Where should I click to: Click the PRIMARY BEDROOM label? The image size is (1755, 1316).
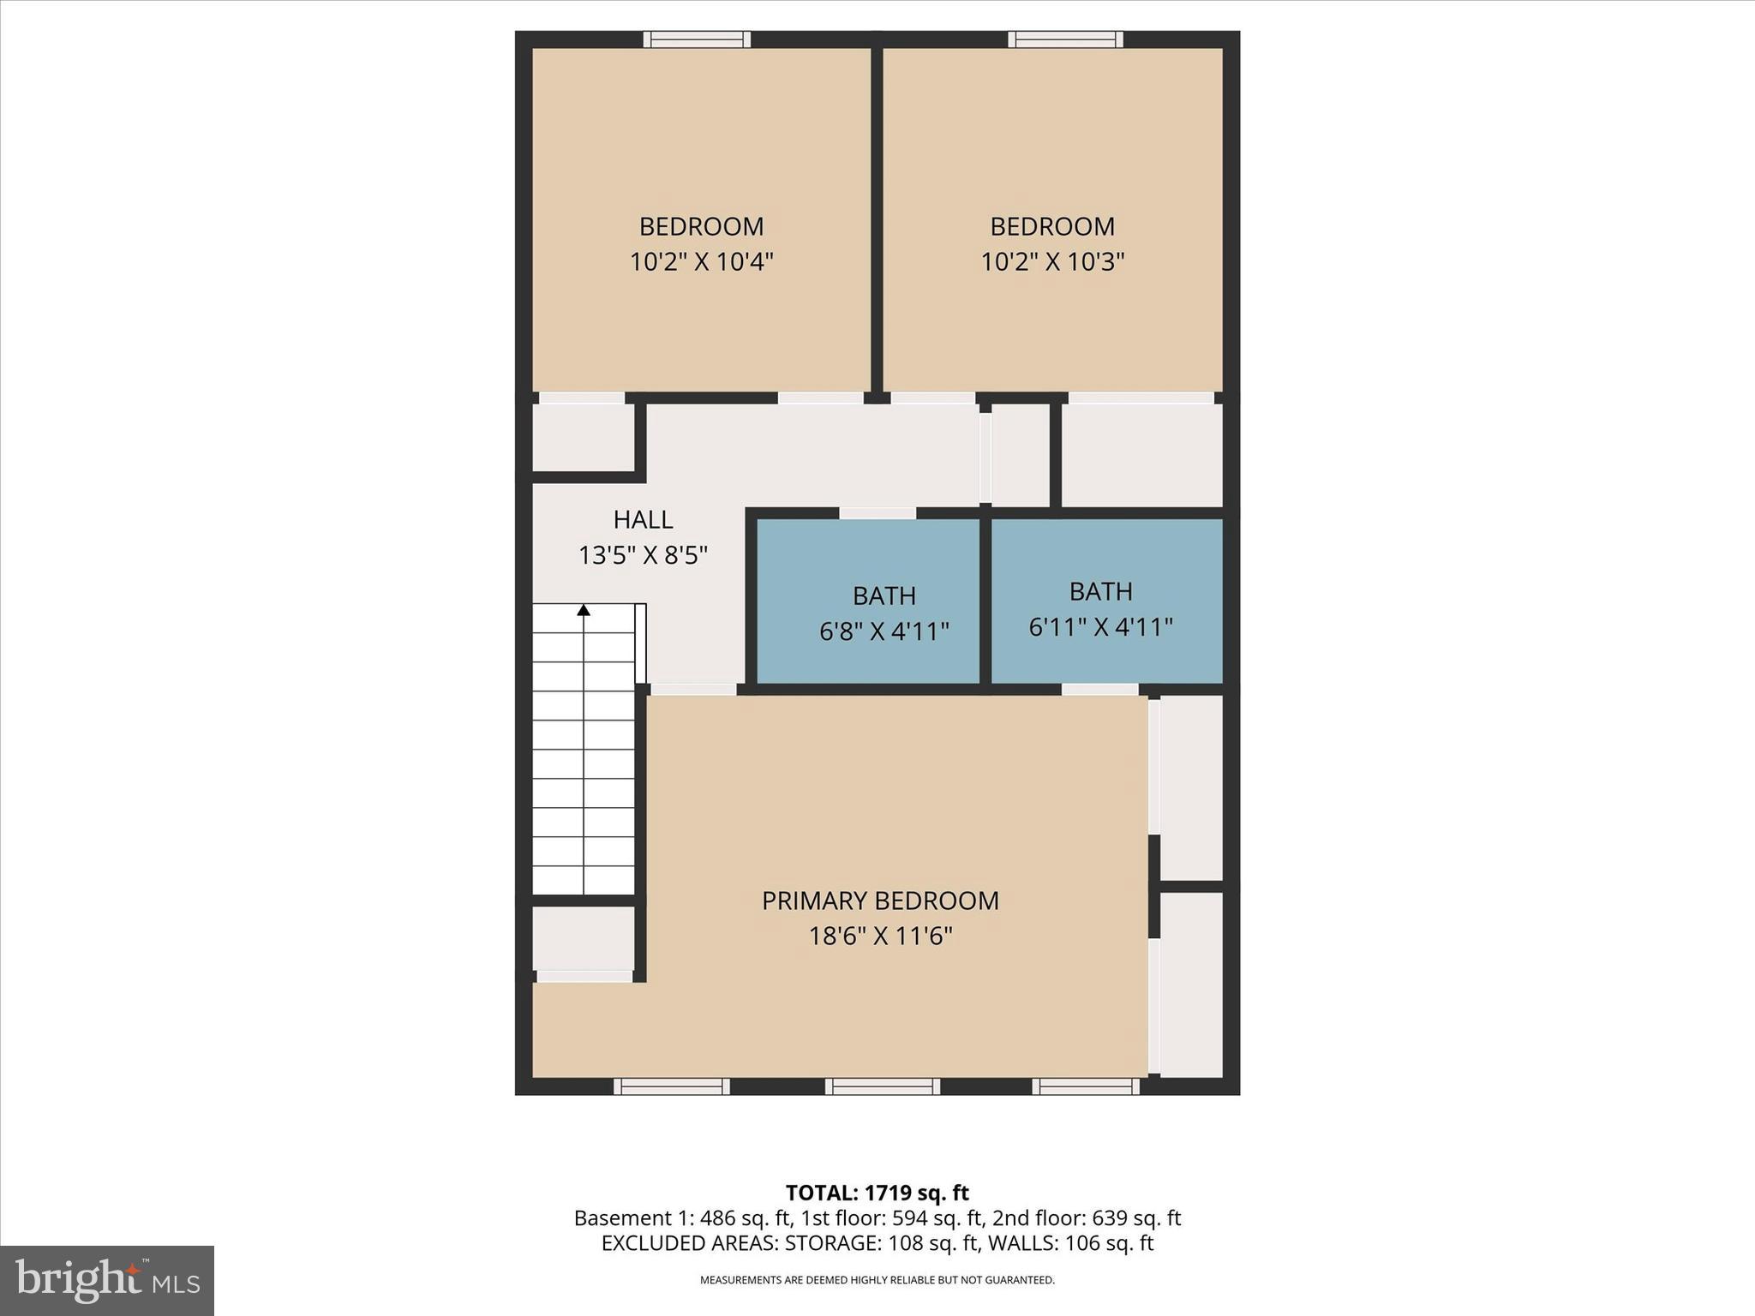coord(880,900)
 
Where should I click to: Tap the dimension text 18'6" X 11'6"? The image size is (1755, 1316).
coord(880,936)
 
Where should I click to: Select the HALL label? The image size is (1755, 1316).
coord(643,519)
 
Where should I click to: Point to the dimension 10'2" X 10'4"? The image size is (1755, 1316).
coord(701,261)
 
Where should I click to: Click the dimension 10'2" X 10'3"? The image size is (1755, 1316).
coord(1051,261)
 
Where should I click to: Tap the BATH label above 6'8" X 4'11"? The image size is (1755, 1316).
coord(883,595)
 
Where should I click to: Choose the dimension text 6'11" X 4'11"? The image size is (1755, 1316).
coord(1100,627)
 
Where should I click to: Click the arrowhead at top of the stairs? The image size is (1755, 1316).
coord(584,610)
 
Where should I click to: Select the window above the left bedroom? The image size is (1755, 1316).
coord(697,39)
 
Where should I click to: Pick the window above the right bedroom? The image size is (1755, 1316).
coord(1065,39)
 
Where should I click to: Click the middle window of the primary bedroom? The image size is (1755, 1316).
coord(883,1086)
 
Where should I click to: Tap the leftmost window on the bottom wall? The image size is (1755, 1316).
coord(672,1086)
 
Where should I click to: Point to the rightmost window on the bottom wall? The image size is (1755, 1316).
coord(1086,1086)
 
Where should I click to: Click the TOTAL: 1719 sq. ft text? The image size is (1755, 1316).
coord(877,1193)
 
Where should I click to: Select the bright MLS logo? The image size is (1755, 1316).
coord(107,1280)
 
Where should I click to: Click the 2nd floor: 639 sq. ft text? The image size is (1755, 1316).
coord(1087,1217)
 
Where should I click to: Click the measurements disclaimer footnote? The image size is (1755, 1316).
coord(877,1280)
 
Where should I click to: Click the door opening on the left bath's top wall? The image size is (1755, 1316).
coord(877,513)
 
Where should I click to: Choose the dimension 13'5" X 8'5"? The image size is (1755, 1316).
coord(643,555)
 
